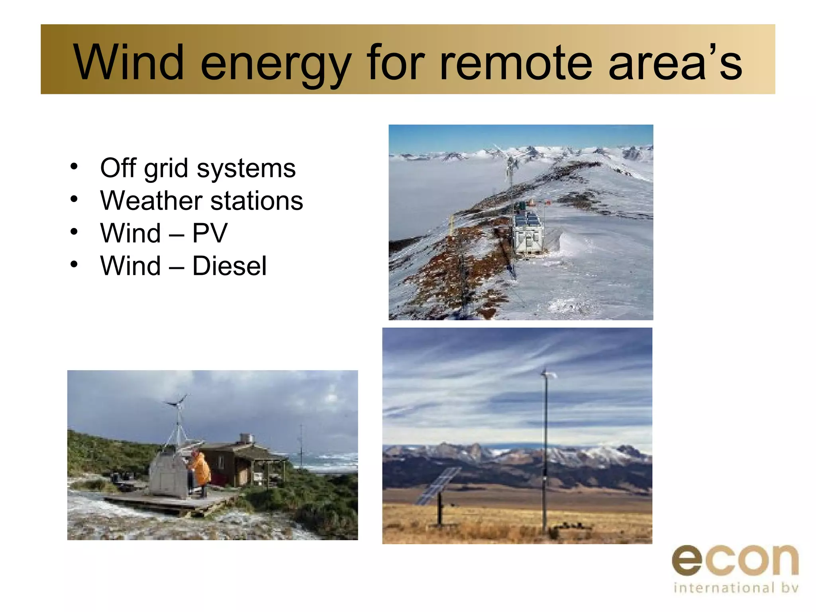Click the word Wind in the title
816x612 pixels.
(x=128, y=63)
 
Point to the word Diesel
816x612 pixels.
(x=229, y=266)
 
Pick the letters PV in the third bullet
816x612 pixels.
(x=210, y=233)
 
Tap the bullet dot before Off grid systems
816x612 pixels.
(x=74, y=167)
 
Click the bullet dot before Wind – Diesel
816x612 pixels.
(x=74, y=264)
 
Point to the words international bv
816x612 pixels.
(x=736, y=588)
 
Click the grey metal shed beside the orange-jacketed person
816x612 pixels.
(x=168, y=474)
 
